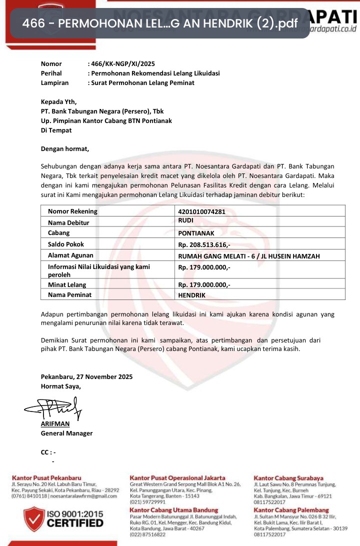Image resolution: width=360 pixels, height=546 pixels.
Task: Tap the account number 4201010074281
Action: point(201,211)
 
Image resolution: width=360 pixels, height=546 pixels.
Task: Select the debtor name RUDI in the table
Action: point(186,220)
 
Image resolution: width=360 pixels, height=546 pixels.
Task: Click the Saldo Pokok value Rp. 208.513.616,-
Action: point(204,245)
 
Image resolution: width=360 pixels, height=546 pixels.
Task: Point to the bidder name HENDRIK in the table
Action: point(191,295)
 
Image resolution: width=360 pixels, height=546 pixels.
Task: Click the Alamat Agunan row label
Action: point(71,255)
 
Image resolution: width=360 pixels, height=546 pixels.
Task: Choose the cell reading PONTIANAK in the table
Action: point(196,233)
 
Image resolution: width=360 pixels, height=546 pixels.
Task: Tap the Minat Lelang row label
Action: point(67,285)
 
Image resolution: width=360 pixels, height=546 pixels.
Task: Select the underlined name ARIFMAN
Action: point(55,424)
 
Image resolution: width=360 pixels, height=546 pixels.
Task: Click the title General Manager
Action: point(66,433)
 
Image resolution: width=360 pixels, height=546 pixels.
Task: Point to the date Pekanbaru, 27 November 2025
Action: point(86,376)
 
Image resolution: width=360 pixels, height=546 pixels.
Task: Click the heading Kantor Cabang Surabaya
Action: point(288,478)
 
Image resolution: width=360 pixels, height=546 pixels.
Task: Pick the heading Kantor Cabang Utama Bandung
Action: point(167,509)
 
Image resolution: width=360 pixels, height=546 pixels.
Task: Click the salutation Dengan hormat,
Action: point(65,148)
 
